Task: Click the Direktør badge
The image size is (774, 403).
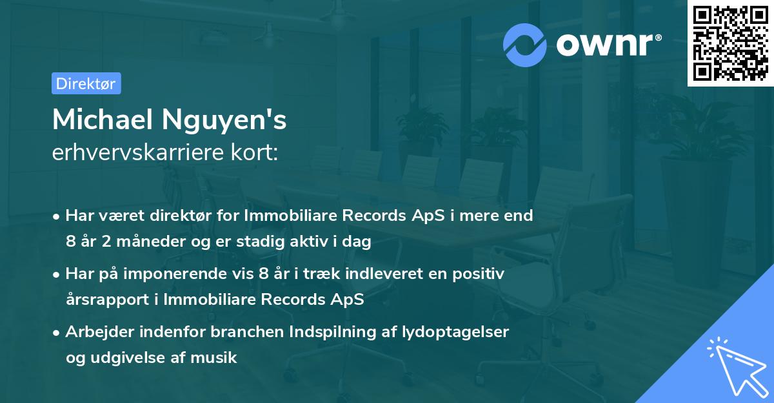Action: (86, 83)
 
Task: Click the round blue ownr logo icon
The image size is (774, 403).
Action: (525, 45)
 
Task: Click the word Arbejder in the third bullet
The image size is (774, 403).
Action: (95, 331)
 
